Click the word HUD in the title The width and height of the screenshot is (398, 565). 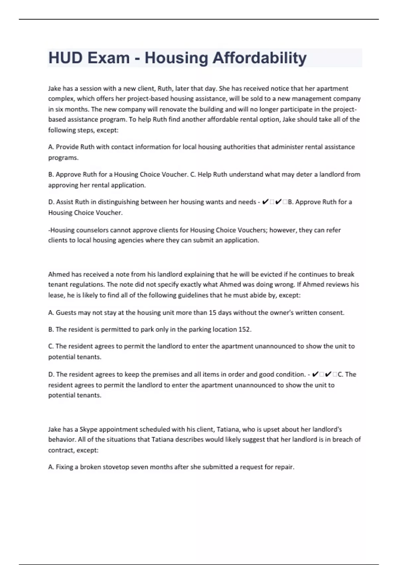pos(65,58)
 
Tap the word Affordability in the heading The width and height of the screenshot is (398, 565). pos(259,58)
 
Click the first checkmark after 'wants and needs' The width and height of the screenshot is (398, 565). pos(265,202)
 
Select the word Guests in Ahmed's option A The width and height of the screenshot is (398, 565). pos(66,312)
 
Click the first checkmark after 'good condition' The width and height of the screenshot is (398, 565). pos(315,374)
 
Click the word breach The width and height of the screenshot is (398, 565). pos(342,439)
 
